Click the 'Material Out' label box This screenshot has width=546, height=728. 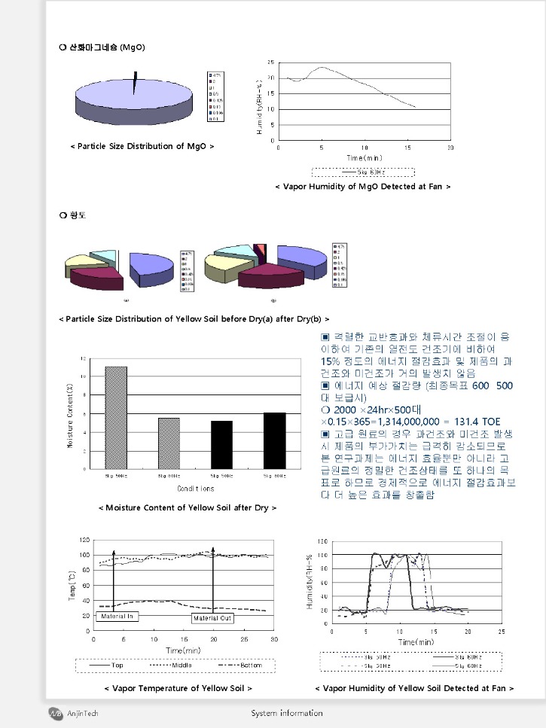(212, 618)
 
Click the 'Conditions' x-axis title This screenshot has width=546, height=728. (195, 488)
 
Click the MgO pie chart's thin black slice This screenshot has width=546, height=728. (136, 82)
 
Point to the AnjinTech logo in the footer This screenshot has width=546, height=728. (56, 713)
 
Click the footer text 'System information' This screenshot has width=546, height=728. (286, 713)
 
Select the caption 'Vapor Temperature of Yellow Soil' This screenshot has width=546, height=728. (178, 687)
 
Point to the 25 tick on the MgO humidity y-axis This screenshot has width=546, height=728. (270, 62)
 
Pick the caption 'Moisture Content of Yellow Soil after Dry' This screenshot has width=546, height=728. (188, 507)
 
